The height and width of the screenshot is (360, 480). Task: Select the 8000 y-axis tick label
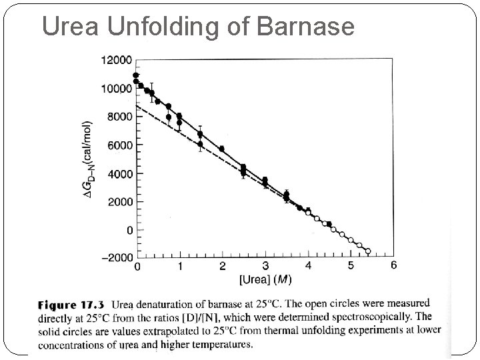(x=120, y=117)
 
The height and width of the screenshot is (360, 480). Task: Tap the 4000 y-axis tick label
(x=120, y=173)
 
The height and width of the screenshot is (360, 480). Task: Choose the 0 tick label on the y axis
(x=129, y=230)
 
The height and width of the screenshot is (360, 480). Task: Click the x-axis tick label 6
(x=393, y=266)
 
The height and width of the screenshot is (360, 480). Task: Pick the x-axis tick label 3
(x=265, y=266)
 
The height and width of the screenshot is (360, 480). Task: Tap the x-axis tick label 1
(x=180, y=266)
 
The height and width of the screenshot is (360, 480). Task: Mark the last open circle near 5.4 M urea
(x=367, y=251)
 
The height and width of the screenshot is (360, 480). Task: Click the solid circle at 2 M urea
(x=222, y=149)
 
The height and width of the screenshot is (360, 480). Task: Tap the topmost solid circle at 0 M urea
(x=137, y=75)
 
